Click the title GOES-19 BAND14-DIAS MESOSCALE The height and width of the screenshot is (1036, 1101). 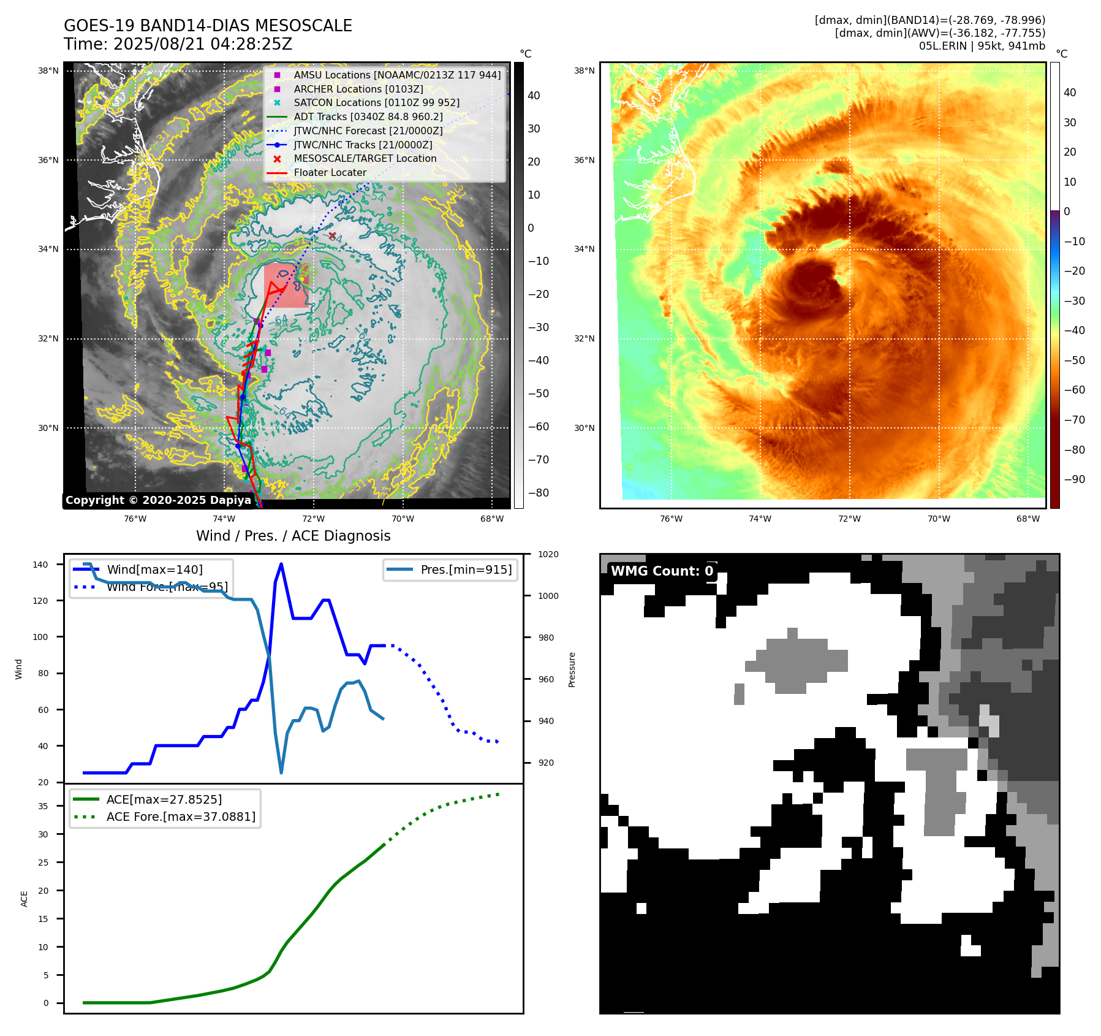(x=208, y=26)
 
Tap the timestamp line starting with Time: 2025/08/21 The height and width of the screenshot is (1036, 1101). (x=178, y=44)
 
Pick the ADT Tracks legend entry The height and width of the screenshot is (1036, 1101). (x=368, y=116)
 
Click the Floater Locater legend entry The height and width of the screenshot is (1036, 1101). (x=330, y=173)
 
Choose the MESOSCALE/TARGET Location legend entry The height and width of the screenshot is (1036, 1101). (x=365, y=159)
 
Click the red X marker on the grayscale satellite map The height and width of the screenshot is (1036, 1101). (x=332, y=236)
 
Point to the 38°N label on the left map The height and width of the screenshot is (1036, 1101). (x=48, y=71)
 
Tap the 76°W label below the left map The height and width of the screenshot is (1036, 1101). (x=135, y=519)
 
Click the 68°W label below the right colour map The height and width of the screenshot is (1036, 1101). (x=1027, y=519)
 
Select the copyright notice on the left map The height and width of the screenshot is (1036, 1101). (x=158, y=500)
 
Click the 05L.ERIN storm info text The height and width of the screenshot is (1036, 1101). (x=982, y=46)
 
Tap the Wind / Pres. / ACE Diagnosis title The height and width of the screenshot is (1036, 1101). (x=293, y=536)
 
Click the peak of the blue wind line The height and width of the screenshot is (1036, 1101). (x=281, y=564)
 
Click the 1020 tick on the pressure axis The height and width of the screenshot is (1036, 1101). (x=548, y=555)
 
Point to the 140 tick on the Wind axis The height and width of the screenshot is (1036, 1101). (x=40, y=565)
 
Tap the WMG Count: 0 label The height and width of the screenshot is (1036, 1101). (x=662, y=571)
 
